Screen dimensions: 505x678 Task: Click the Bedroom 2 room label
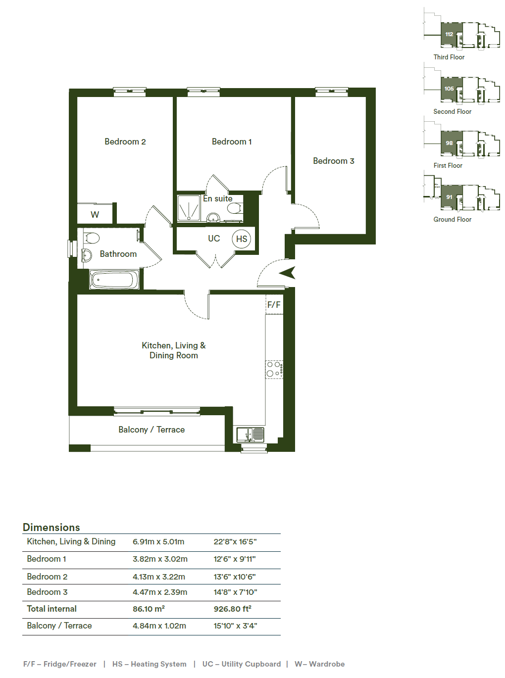[x=125, y=142]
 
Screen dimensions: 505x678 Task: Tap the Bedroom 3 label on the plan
[x=333, y=161]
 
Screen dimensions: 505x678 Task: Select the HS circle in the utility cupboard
[x=241, y=239]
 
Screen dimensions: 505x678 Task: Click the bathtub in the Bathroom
[x=114, y=280]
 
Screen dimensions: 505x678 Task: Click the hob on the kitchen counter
[x=274, y=369]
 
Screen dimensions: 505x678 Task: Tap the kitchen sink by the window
[x=250, y=435]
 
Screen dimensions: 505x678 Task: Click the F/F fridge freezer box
[x=274, y=304]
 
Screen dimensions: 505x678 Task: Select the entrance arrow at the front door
[x=287, y=273]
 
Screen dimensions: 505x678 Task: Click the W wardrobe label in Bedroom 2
[x=95, y=215]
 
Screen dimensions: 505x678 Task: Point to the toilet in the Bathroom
[x=91, y=238]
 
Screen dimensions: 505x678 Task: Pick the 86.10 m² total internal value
[x=149, y=608]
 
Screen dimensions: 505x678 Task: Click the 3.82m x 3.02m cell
[x=160, y=559]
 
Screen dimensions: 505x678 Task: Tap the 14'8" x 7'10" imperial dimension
[x=235, y=592]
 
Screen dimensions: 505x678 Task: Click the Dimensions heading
[x=51, y=527]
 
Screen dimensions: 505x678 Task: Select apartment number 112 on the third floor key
[x=449, y=34]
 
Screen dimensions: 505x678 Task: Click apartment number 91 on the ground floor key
[x=449, y=197]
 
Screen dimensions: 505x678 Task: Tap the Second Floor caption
[x=452, y=111]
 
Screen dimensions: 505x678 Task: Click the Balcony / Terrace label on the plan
[x=151, y=430]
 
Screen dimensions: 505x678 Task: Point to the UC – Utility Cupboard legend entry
[x=241, y=664]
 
